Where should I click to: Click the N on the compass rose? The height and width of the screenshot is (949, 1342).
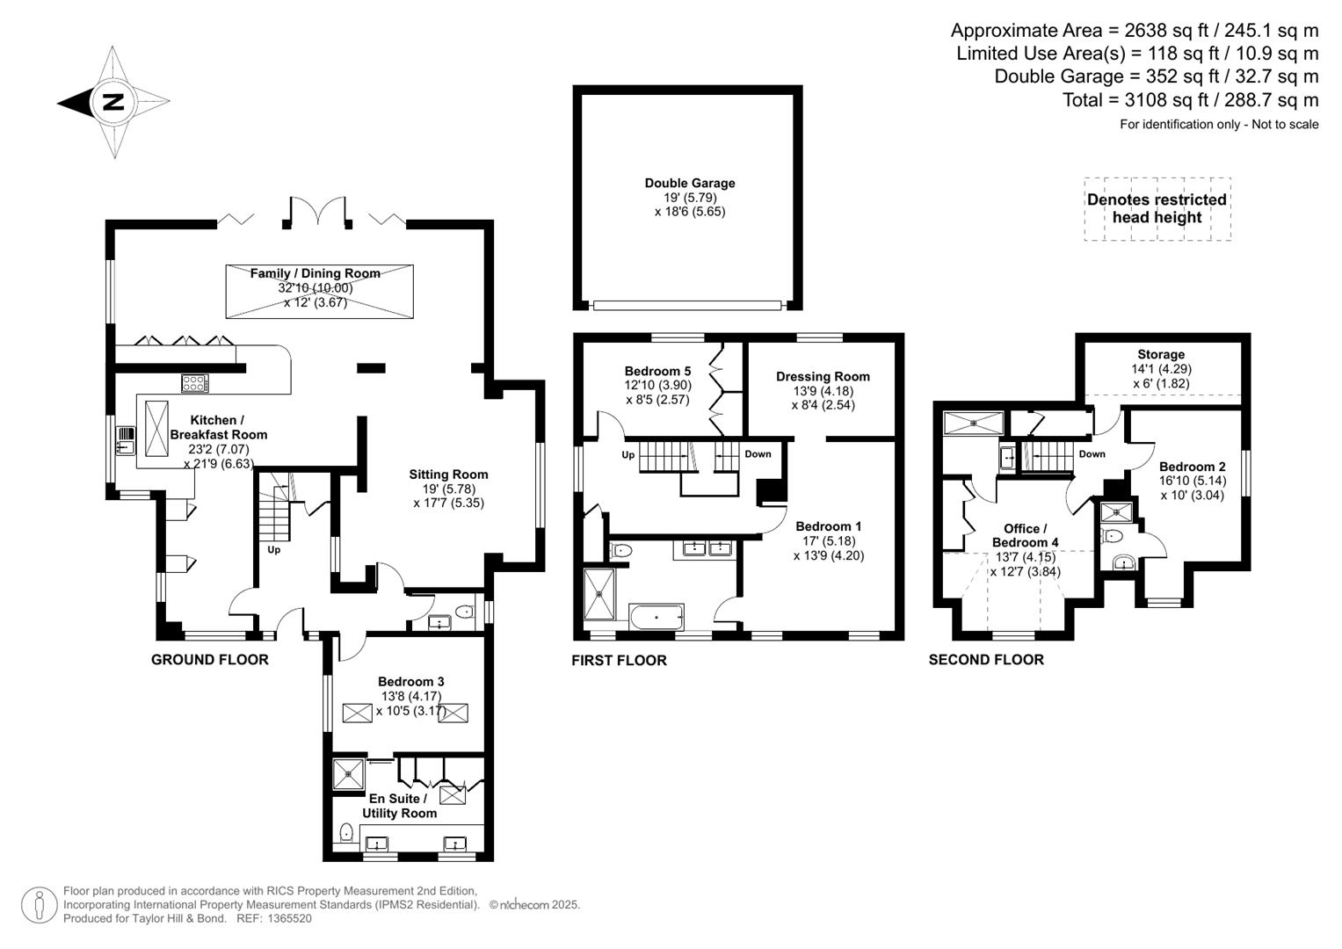pyautogui.click(x=112, y=102)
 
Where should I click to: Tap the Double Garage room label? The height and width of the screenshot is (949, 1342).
pyautogui.click(x=690, y=184)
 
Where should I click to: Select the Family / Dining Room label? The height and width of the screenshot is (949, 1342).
pyautogui.click(x=316, y=273)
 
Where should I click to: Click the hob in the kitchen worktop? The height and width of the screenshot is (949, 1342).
pyautogui.click(x=194, y=383)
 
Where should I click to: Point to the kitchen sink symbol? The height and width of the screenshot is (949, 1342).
pyautogui.click(x=125, y=440)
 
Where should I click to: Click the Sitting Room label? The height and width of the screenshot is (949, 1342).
pyautogui.click(x=448, y=474)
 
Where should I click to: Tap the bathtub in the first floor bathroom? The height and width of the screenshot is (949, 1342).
pyautogui.click(x=656, y=617)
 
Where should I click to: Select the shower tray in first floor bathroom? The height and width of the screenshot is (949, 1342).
pyautogui.click(x=602, y=593)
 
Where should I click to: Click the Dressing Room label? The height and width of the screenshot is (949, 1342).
pyautogui.click(x=823, y=377)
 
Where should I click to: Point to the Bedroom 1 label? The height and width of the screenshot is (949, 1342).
pyautogui.click(x=829, y=526)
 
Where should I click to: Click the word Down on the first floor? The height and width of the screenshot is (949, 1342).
pyautogui.click(x=758, y=454)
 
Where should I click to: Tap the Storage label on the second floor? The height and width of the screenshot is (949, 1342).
pyautogui.click(x=1161, y=355)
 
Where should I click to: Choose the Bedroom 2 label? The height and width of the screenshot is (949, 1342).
pyautogui.click(x=1192, y=467)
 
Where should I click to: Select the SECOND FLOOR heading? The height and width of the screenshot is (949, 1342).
pyautogui.click(x=986, y=660)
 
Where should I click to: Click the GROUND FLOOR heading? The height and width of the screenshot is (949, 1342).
pyautogui.click(x=210, y=660)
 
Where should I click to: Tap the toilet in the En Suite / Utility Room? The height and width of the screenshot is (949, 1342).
pyautogui.click(x=346, y=831)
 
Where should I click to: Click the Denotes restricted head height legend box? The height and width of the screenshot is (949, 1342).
pyautogui.click(x=1157, y=209)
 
